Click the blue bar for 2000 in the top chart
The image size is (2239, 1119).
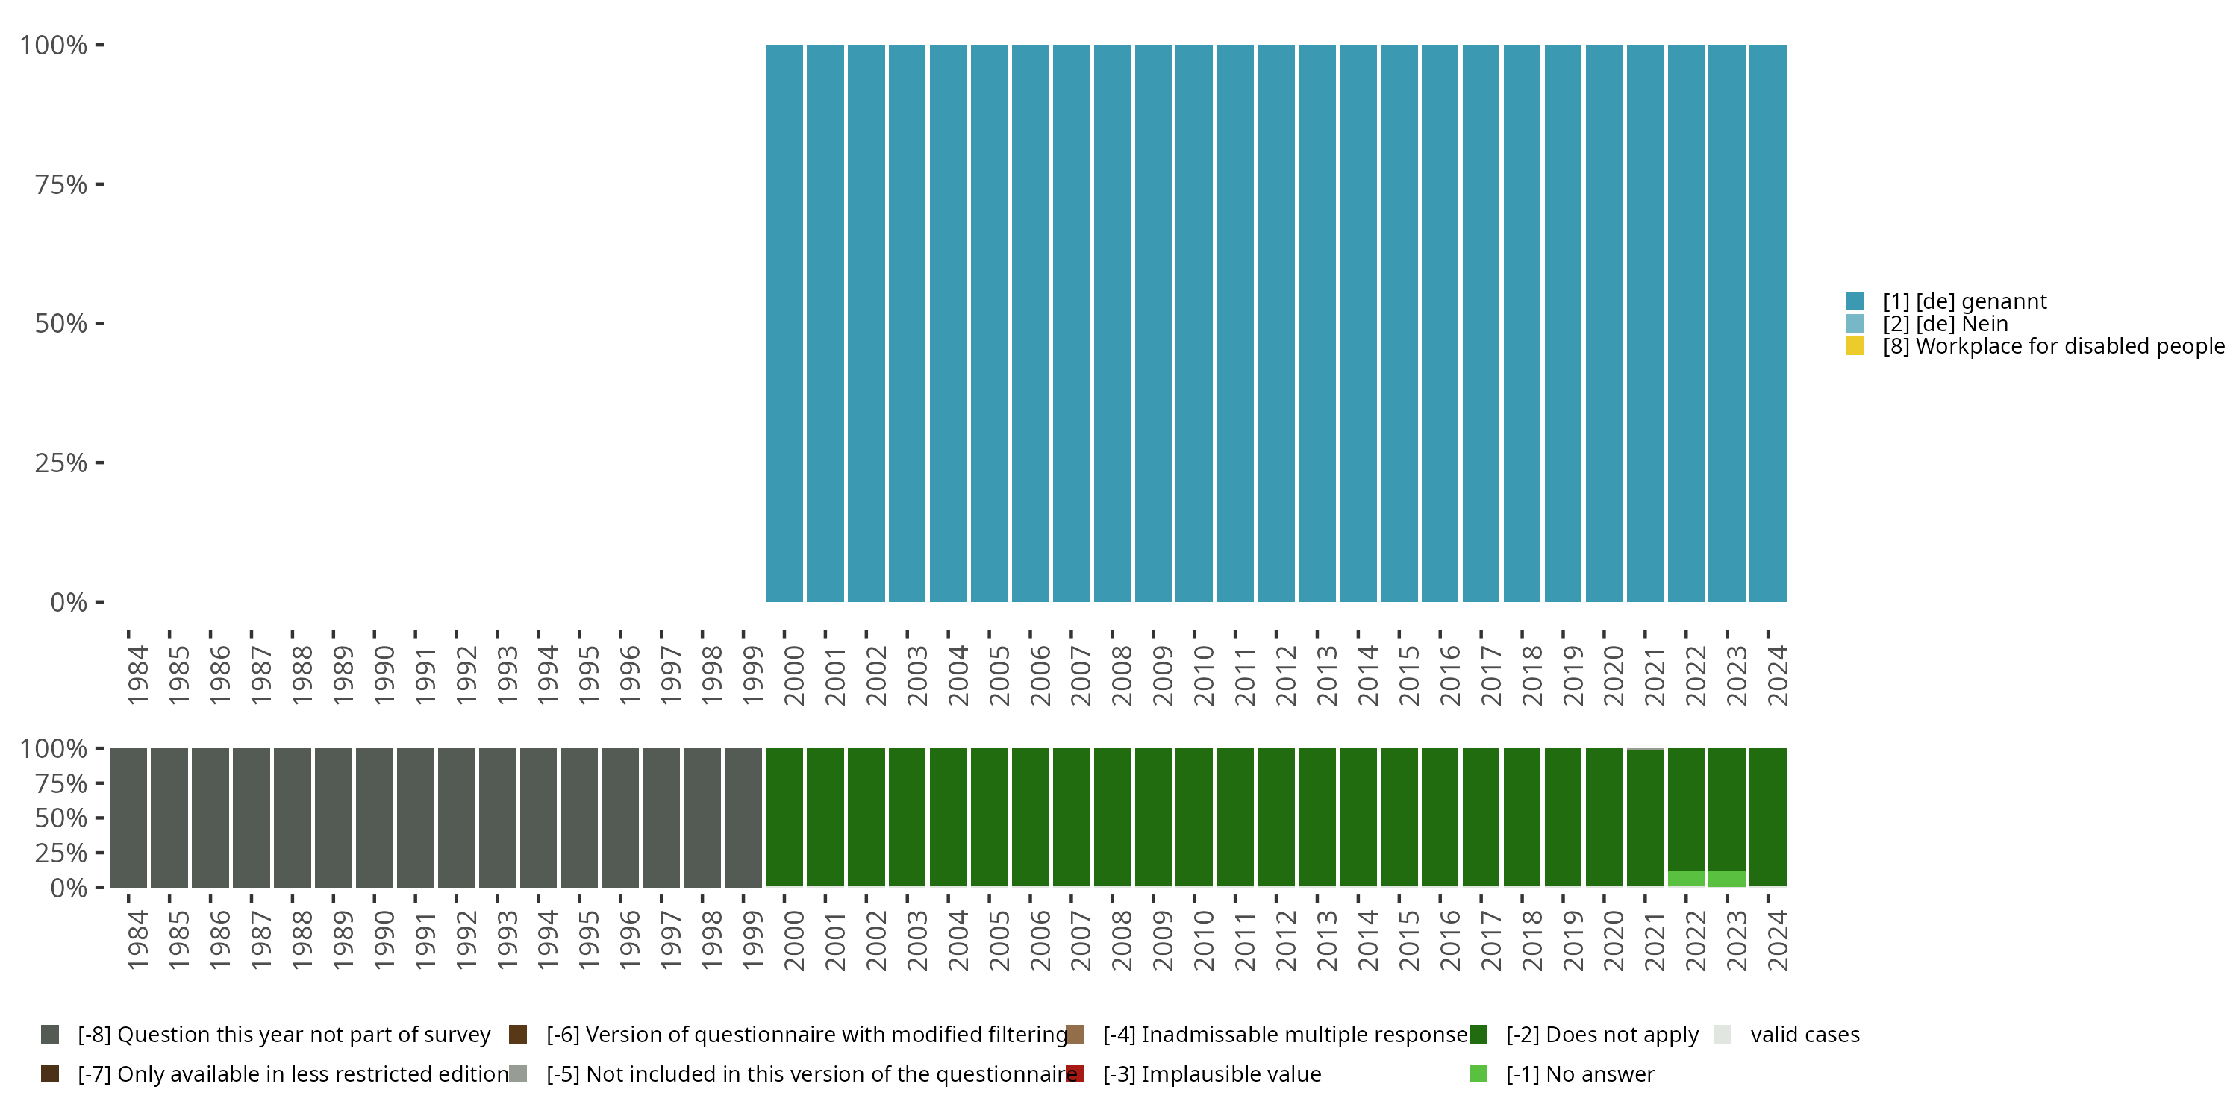coord(783,323)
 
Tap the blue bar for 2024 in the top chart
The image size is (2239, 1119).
coord(1768,323)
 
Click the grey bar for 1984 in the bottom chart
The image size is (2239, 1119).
coord(128,817)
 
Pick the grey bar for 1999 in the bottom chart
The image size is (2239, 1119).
coord(743,817)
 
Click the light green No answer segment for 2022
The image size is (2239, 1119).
coord(1686,878)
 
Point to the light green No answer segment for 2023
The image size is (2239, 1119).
coord(1727,880)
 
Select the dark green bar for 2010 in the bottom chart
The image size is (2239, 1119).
coord(1193,817)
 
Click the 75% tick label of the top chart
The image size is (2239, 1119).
coord(61,184)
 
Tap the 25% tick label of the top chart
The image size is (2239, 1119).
coord(61,463)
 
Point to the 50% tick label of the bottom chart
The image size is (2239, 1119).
coord(61,818)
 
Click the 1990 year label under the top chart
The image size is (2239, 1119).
coord(384,675)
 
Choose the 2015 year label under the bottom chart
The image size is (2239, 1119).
coord(1408,940)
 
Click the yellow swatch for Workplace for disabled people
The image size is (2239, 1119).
coord(1855,346)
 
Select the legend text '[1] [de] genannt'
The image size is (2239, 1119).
coord(1964,301)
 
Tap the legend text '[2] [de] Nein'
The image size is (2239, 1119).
coord(1945,324)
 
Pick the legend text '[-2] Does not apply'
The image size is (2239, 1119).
coord(1602,1035)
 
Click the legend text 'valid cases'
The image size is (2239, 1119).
coord(1805,1035)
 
